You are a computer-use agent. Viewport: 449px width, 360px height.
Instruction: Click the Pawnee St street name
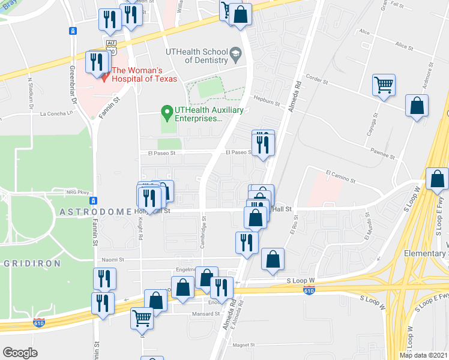click(x=382, y=154)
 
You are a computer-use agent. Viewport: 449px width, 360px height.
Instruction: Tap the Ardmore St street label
click(x=428, y=76)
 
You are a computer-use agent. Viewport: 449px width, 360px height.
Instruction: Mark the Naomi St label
click(x=112, y=260)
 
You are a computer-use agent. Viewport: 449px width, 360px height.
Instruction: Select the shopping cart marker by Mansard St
click(x=142, y=317)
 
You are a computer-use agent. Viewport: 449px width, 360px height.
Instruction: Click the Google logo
click(x=20, y=352)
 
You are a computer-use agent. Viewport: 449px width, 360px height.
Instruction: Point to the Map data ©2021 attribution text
click(x=423, y=355)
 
